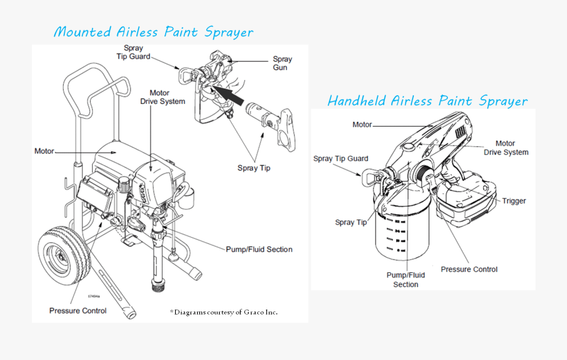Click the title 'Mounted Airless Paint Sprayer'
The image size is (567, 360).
[x=153, y=32]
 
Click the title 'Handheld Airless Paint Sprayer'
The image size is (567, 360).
[x=427, y=100]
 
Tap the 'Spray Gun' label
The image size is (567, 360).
[x=282, y=63]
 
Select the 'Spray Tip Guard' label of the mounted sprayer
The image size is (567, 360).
[x=134, y=52]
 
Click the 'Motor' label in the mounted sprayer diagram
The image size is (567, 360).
[x=44, y=151]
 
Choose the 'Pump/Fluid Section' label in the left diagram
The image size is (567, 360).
[x=259, y=250]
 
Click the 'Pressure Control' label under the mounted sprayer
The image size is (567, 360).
[x=78, y=311]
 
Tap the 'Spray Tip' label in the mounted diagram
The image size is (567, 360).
[x=254, y=168]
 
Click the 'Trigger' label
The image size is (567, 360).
[x=514, y=201]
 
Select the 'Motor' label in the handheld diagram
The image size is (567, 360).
[x=362, y=125]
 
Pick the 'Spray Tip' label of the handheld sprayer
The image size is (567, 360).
[x=351, y=223]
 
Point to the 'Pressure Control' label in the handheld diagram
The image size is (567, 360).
[x=469, y=269]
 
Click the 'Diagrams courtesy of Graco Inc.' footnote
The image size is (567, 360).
[x=224, y=312]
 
